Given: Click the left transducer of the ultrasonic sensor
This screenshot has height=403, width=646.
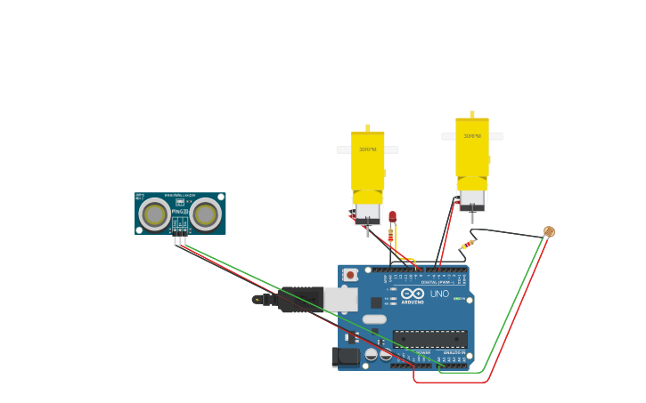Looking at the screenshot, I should (x=155, y=214).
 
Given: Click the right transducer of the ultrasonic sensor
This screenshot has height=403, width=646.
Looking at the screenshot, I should (x=206, y=214).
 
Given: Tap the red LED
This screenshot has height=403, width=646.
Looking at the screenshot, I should (x=392, y=216).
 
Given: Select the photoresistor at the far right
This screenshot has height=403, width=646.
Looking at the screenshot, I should (x=549, y=231).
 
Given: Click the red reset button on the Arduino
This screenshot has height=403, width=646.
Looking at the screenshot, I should (x=350, y=275).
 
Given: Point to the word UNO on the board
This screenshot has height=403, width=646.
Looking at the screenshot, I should (x=439, y=294).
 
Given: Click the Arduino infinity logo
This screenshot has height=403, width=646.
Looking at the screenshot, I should (x=413, y=294).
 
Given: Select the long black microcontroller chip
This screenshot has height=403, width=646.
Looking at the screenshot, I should (x=430, y=339).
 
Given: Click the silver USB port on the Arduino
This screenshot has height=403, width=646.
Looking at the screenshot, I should (x=340, y=299).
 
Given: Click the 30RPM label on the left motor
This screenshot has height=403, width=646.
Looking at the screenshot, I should (x=367, y=149).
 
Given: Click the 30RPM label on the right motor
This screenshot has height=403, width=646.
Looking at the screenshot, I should (x=471, y=136).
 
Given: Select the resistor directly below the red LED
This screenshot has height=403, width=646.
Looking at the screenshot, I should (x=390, y=236).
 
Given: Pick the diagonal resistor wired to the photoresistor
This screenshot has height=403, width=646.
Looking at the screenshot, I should (x=468, y=244).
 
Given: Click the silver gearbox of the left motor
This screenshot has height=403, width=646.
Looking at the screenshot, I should (x=367, y=211).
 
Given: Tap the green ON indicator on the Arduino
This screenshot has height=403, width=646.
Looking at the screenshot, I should (x=457, y=299).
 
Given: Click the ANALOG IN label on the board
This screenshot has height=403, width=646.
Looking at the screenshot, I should (x=454, y=353).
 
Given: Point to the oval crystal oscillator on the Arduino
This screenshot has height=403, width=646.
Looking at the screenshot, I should (x=374, y=318).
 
